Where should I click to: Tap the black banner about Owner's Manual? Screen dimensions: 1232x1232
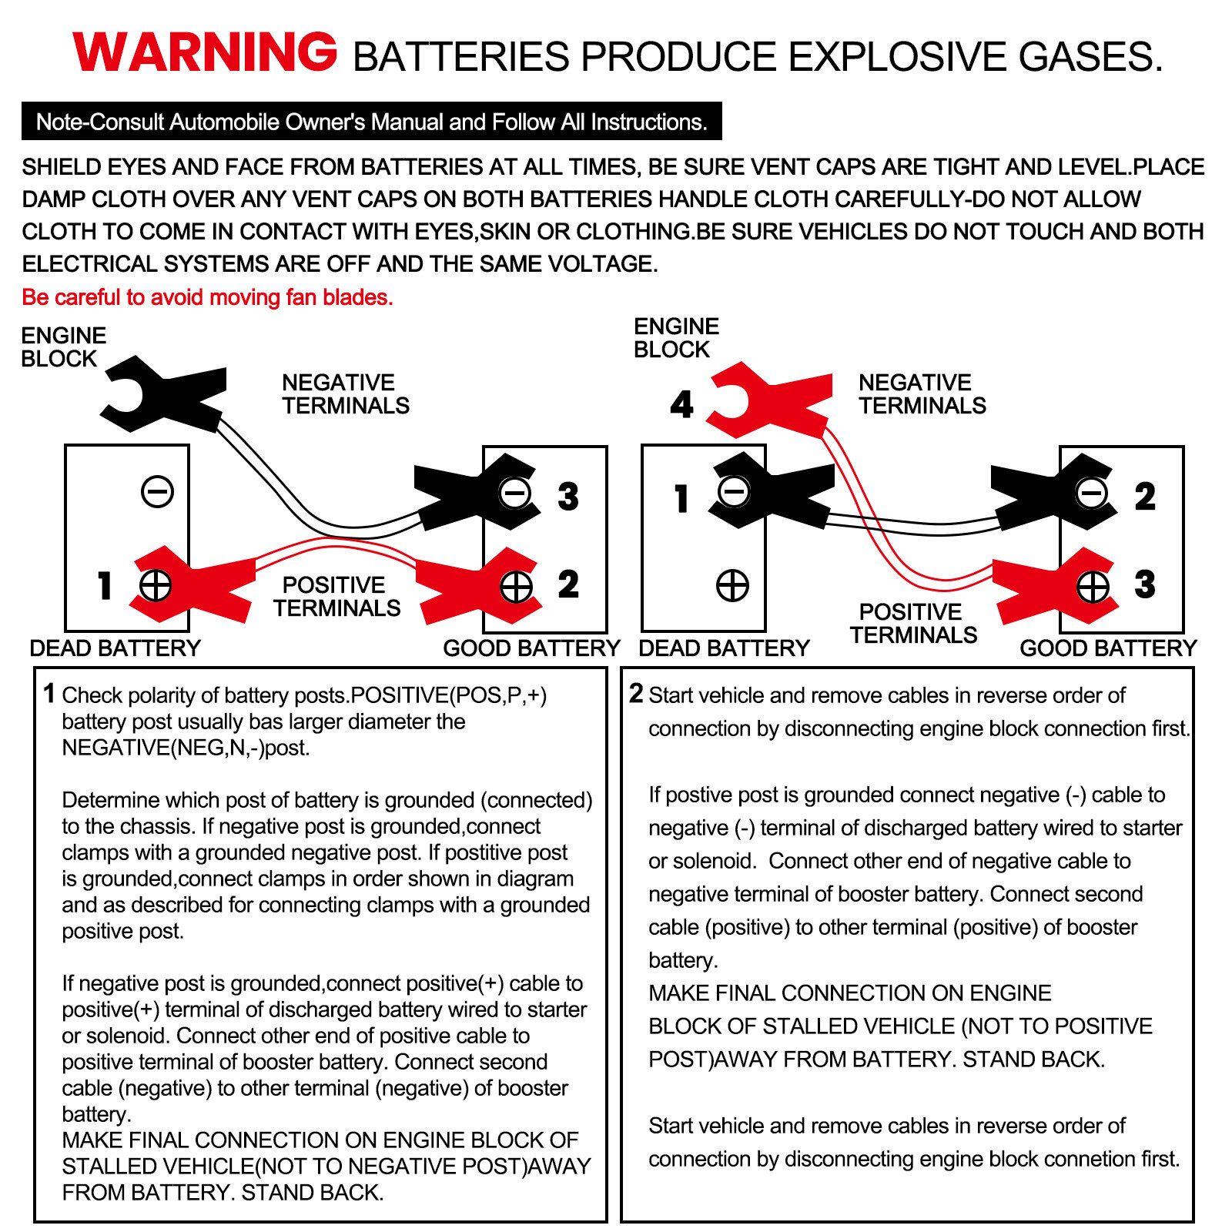(371, 122)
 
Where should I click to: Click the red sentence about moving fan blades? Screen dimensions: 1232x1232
(207, 297)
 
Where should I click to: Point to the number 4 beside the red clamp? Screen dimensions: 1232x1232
(681, 404)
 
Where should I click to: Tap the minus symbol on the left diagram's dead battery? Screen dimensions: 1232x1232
(158, 491)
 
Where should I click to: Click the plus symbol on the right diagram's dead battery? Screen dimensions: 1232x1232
(732, 585)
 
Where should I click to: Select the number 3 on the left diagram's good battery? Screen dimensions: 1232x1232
(568, 497)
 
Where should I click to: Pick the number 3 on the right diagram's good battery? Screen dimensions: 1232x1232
(1145, 584)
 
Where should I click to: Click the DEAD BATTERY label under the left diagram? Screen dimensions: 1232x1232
(115, 648)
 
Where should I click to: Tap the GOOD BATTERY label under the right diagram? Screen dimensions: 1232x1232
(1108, 648)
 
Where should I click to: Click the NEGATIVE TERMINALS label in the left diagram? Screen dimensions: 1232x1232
(345, 394)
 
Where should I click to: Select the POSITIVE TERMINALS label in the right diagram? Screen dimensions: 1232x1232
(913, 624)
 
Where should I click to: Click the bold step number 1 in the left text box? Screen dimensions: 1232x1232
(49, 694)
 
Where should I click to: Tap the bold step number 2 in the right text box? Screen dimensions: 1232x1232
(636, 694)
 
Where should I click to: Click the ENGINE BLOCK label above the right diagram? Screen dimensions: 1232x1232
(676, 338)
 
